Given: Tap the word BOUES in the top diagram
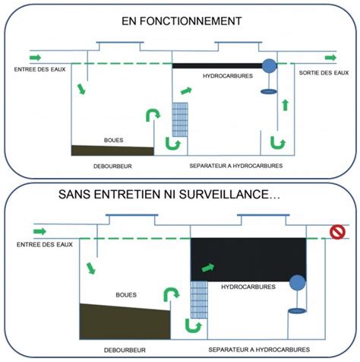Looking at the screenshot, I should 115,141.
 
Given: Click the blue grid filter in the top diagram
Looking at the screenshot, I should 181,119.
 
